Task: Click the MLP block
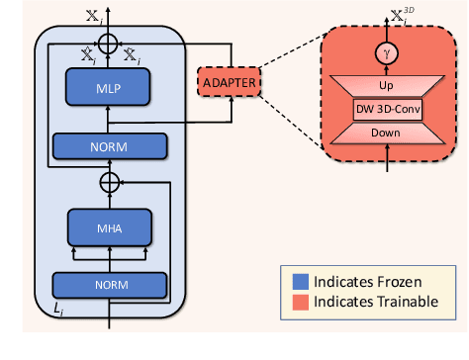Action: (x=108, y=88)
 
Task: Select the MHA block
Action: (x=108, y=229)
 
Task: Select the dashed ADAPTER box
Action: (x=229, y=79)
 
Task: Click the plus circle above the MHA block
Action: (x=108, y=183)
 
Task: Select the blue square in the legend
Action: (x=297, y=281)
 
